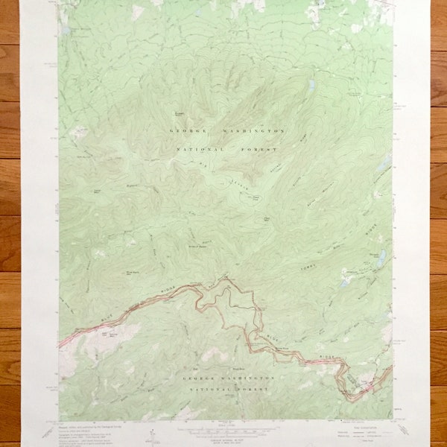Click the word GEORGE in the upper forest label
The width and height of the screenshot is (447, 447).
[186, 130]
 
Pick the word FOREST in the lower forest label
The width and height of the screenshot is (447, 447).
[259, 390]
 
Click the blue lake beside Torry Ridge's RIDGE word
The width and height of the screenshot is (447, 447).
[381, 257]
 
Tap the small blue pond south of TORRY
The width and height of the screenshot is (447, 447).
[345, 282]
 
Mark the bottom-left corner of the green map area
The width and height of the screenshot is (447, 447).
[60, 419]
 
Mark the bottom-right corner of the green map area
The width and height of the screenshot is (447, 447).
[393, 419]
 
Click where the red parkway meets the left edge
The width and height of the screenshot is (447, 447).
[60, 345]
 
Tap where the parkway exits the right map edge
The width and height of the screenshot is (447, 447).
[392, 367]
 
